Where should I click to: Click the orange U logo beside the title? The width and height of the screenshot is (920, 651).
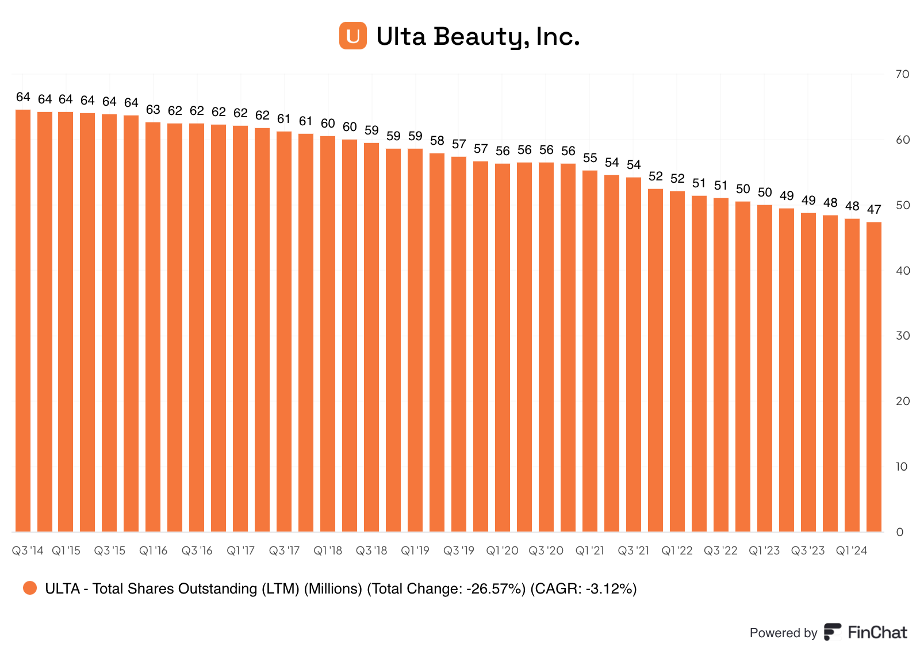tap(352, 36)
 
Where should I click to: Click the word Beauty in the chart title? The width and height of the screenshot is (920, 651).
tap(478, 37)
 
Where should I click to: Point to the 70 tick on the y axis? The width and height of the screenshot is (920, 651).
tap(902, 74)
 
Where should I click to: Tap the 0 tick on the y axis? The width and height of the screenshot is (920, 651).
tap(900, 532)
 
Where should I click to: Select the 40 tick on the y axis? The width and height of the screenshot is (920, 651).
tap(902, 271)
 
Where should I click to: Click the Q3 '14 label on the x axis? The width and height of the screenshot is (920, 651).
tap(28, 550)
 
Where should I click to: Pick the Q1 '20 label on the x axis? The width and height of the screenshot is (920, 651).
tap(502, 550)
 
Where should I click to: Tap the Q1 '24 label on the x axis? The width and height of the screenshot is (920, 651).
tap(852, 550)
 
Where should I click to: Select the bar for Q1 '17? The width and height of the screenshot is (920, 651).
tap(240, 328)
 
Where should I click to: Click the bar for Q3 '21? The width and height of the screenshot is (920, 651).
tap(634, 353)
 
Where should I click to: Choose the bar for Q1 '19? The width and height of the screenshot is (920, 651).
tap(415, 339)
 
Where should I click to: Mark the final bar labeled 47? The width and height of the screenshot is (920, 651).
tap(874, 376)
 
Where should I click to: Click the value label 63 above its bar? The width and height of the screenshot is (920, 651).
tap(153, 110)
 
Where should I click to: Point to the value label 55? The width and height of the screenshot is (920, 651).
tap(590, 158)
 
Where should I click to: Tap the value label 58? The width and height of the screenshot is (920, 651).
tap(437, 141)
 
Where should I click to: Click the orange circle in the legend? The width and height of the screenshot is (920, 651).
tap(30, 588)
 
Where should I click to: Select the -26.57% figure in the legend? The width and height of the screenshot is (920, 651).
tap(496, 589)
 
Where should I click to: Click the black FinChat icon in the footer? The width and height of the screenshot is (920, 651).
tap(832, 632)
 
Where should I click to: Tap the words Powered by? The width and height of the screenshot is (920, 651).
tap(783, 633)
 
